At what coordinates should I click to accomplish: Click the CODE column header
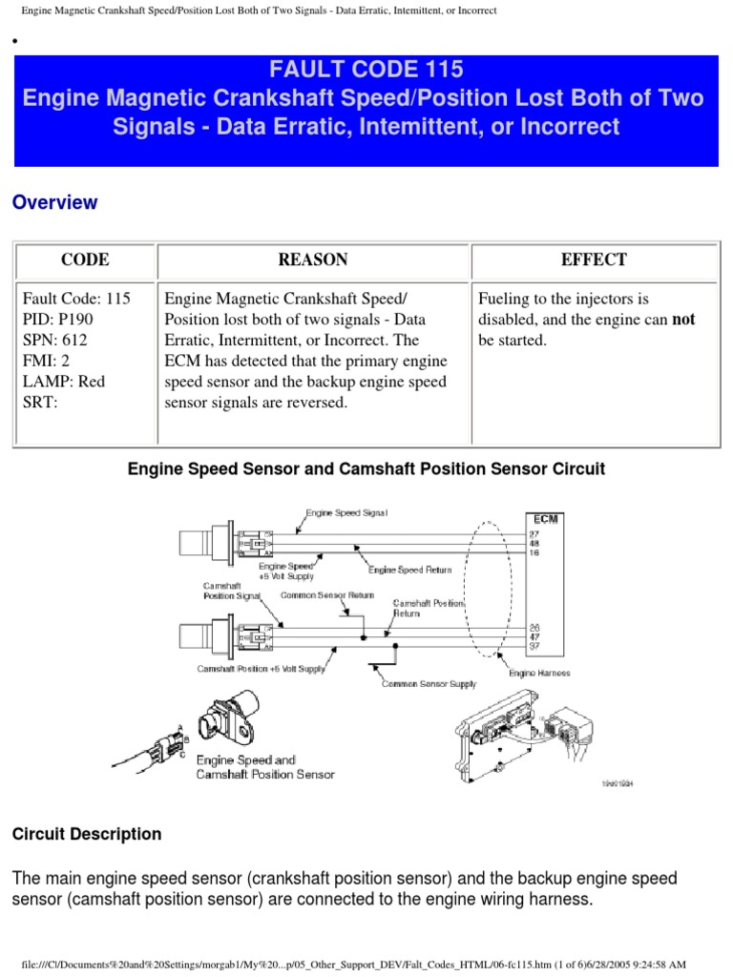(85, 260)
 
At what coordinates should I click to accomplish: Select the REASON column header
(313, 260)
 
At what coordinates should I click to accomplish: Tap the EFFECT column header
(594, 260)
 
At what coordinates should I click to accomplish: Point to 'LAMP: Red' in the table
(63, 382)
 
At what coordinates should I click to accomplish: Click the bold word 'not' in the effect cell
(683, 320)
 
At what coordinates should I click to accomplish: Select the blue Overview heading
(54, 202)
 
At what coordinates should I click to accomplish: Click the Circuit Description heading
(87, 834)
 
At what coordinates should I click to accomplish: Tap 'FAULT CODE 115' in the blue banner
(366, 70)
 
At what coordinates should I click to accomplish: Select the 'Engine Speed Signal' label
(346, 513)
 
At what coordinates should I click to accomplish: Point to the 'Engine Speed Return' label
(410, 570)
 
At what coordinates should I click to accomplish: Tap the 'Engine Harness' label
(539, 674)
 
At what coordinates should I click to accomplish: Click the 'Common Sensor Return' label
(320, 594)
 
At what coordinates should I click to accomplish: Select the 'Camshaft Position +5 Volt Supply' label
(262, 668)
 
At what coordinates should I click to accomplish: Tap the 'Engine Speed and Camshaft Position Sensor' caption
(265, 767)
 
